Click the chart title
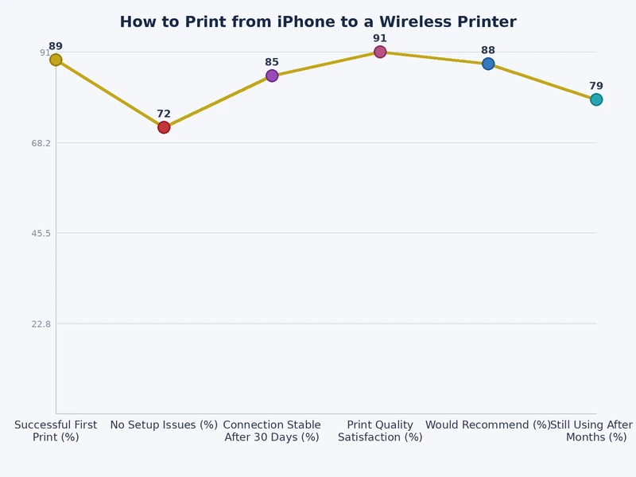(318, 22)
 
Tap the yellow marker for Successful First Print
(56, 60)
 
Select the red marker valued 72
(164, 127)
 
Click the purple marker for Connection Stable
(272, 76)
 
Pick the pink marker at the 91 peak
(380, 52)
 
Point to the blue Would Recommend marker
(488, 64)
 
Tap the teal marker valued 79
(596, 99)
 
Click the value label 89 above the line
(56, 47)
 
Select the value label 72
(164, 114)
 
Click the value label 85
(272, 62)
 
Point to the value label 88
(488, 51)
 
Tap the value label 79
(596, 86)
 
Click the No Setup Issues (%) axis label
(164, 425)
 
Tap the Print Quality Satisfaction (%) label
(380, 431)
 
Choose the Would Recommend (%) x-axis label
(488, 425)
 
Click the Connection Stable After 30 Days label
(272, 431)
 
